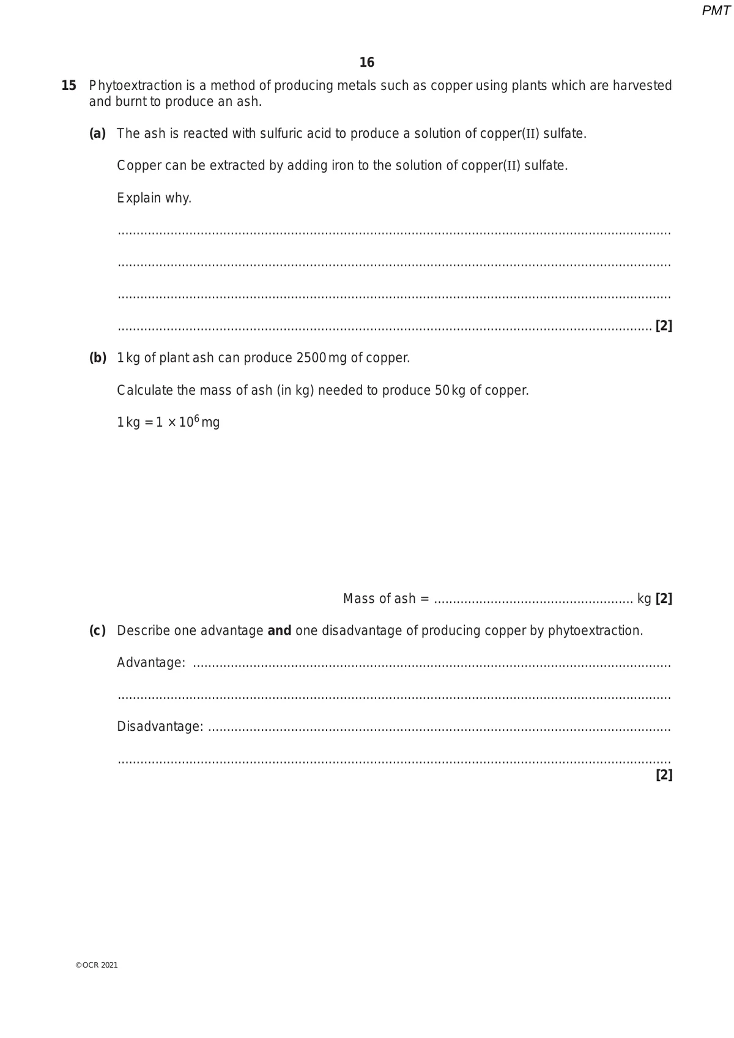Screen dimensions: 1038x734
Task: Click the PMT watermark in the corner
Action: click(x=716, y=10)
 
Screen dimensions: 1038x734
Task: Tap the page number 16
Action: click(x=367, y=62)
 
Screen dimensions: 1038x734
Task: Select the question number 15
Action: click(x=69, y=86)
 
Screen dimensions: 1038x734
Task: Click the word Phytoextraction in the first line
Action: click(x=136, y=86)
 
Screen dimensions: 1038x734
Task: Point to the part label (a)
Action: click(x=97, y=133)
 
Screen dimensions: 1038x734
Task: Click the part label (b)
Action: click(x=98, y=357)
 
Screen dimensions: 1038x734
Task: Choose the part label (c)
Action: click(x=97, y=630)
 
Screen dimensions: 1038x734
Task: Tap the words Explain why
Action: click(x=154, y=198)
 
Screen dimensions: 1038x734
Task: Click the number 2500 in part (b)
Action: click(x=311, y=357)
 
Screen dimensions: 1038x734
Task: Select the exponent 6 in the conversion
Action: click(x=196, y=418)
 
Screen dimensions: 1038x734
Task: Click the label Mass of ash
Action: click(x=379, y=599)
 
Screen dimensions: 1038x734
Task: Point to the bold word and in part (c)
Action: click(x=280, y=630)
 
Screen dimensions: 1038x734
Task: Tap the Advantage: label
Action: click(x=151, y=663)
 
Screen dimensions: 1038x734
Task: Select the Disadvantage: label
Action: click(x=160, y=726)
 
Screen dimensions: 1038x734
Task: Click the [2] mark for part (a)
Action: click(x=664, y=326)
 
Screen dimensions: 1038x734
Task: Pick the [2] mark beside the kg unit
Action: click(x=664, y=599)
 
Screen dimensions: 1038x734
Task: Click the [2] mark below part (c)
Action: click(x=664, y=775)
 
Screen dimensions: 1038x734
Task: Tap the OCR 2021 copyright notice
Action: click(x=97, y=965)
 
